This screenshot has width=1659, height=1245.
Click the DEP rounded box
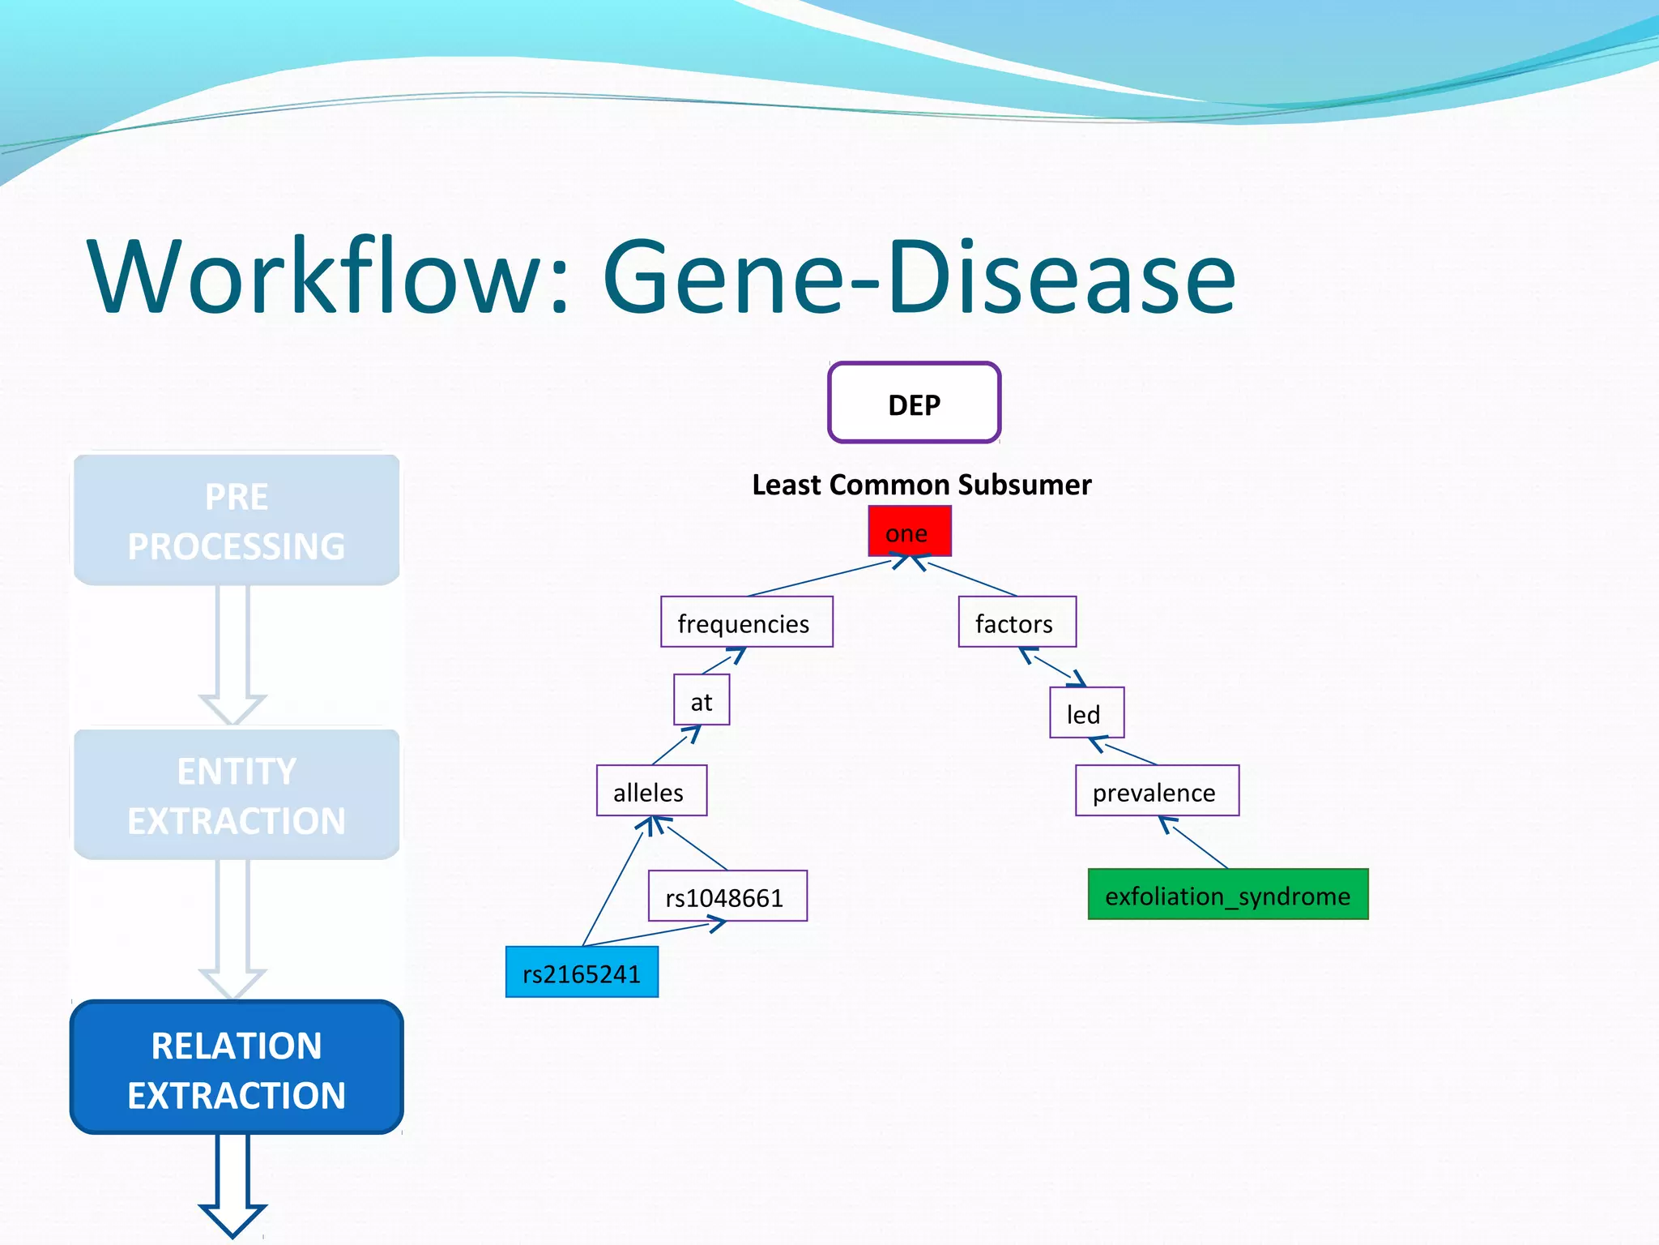(x=914, y=403)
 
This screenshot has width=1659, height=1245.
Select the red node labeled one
(x=909, y=532)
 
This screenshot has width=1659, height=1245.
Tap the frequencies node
(x=746, y=622)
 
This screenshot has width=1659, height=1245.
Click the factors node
(x=1017, y=622)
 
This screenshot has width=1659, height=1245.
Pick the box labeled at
(x=702, y=700)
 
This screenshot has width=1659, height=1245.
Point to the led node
(x=1085, y=713)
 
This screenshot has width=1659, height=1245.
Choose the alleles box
(x=651, y=791)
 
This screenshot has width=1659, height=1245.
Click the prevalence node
(x=1156, y=791)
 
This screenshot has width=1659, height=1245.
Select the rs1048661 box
(x=727, y=896)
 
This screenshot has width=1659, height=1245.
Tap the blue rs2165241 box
(x=582, y=973)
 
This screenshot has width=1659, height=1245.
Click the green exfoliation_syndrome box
(x=1227, y=895)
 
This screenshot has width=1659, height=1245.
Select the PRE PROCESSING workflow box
(x=237, y=520)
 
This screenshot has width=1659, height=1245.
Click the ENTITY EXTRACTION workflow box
(x=237, y=794)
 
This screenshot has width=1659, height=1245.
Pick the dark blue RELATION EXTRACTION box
(x=237, y=1068)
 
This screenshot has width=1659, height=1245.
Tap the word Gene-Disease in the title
(x=919, y=277)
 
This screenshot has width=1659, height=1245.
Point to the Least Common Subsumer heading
(x=921, y=485)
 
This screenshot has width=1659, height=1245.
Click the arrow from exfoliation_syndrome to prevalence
(x=1195, y=843)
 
